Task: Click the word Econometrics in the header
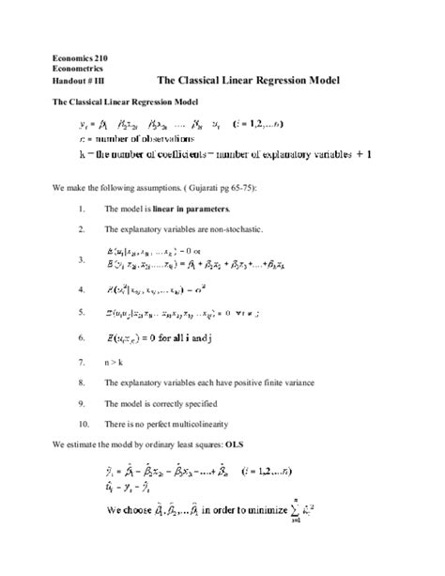pyautogui.click(x=78, y=70)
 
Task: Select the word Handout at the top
pyautogui.click(x=69, y=81)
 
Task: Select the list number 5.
pyautogui.click(x=84, y=311)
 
